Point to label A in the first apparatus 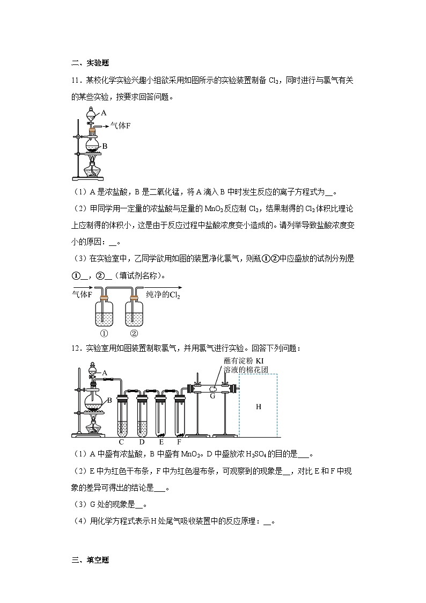(104, 113)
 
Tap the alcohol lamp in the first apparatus (92, 169)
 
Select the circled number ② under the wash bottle (134, 332)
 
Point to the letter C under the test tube (122, 442)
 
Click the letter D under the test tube (142, 442)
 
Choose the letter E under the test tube (161, 442)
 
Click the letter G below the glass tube (212, 396)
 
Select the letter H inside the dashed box (258, 406)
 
